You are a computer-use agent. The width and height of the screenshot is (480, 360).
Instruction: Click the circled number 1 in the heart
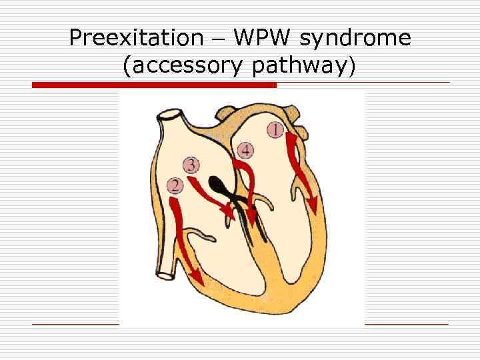point(275,129)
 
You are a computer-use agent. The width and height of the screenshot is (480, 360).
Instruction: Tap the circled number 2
point(175,185)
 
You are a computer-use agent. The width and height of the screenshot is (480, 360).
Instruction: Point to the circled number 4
point(246,149)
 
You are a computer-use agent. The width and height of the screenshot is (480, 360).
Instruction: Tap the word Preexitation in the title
point(135,38)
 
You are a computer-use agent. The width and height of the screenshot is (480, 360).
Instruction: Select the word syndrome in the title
point(355,39)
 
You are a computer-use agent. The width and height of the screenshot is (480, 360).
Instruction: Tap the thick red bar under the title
point(154,85)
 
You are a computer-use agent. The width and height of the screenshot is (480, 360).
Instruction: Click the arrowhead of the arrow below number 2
point(196,275)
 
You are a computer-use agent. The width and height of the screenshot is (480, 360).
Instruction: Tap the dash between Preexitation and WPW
point(217,39)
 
